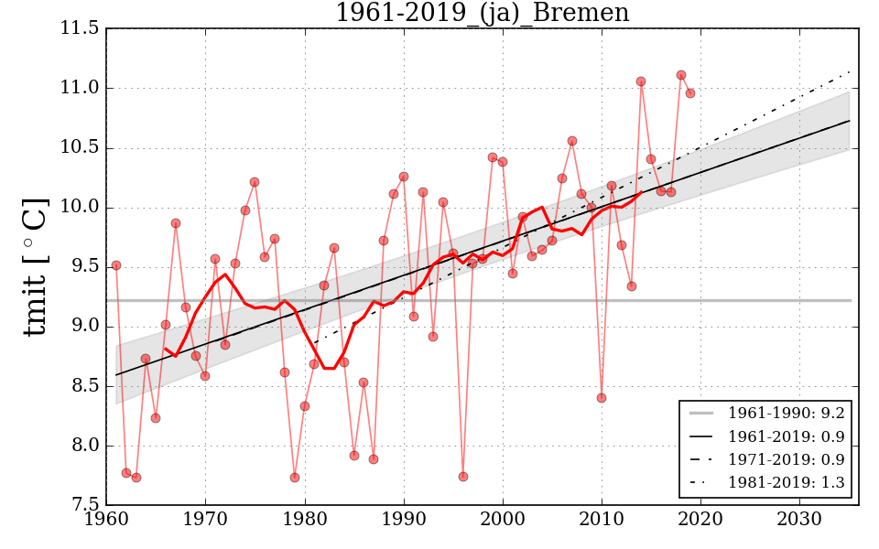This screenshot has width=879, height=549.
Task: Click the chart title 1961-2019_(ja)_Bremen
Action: click(483, 13)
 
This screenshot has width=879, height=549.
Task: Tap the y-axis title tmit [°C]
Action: click(35, 266)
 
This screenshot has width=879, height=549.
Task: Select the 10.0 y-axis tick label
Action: click(81, 208)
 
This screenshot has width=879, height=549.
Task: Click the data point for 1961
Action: click(116, 265)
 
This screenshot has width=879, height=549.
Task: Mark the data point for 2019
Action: click(690, 93)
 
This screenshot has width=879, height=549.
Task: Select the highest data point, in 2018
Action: click(680, 75)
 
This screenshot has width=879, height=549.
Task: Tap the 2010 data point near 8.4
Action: click(602, 398)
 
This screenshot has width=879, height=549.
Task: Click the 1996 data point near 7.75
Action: click(463, 477)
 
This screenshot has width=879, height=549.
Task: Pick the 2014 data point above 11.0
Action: click(641, 81)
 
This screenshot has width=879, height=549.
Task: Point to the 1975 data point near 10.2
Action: click(255, 182)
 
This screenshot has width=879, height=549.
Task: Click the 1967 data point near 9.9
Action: click(176, 223)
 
